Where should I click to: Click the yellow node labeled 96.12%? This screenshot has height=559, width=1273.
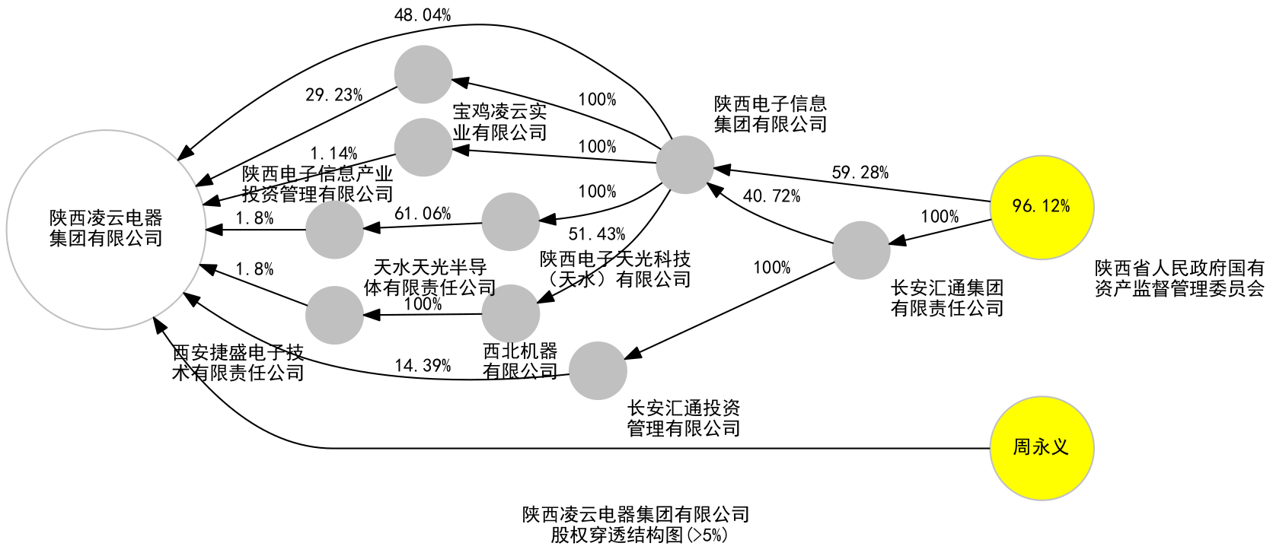coord(1042,207)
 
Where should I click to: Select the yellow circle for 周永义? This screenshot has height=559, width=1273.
coord(1042,448)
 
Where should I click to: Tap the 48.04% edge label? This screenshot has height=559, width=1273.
coord(423,15)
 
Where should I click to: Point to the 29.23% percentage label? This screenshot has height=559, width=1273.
coord(333,95)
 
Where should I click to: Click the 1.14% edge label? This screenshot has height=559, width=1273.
coord(333,154)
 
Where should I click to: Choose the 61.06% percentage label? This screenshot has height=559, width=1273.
coord(423,214)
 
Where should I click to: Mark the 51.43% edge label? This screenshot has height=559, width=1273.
coord(597,234)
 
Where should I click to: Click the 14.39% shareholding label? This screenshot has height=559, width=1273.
coord(423,366)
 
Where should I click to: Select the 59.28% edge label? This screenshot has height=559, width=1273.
coord(860,173)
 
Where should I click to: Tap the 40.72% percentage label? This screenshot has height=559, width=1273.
coord(771,196)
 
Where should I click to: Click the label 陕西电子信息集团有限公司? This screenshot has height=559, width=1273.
coord(770,114)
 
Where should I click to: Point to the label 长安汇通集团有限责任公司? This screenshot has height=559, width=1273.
coord(947,298)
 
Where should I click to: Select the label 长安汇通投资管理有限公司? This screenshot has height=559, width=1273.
coord(684,418)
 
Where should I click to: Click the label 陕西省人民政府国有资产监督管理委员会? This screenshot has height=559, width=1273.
coord(1179,278)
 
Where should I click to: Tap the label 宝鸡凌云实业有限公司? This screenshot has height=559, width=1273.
coord(500,122)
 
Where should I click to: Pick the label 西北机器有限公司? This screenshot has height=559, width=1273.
coord(521,361)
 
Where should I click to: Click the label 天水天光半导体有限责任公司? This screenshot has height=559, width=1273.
coord(430,278)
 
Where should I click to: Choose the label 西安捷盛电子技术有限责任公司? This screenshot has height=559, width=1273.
coord(238,363)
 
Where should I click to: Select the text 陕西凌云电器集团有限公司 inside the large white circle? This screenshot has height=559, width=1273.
coord(106,229)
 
